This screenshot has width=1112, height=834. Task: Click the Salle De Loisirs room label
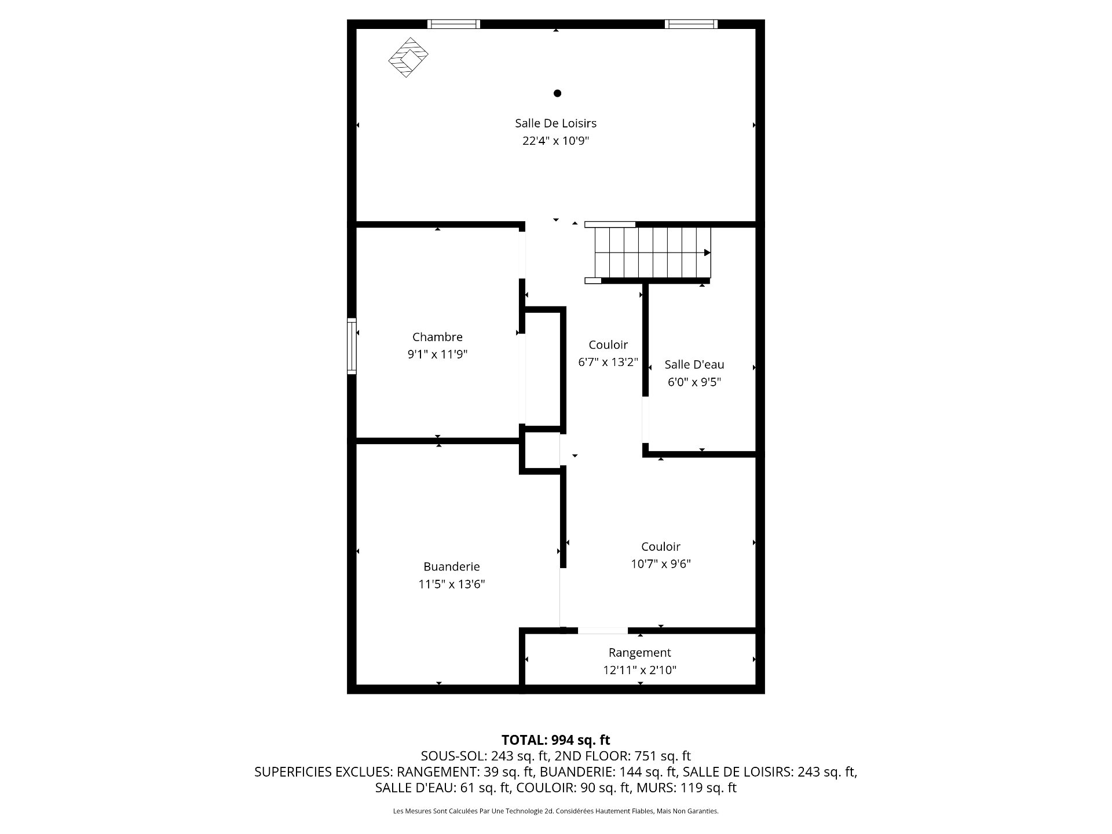click(555, 123)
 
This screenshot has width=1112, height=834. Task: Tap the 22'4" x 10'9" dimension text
click(555, 141)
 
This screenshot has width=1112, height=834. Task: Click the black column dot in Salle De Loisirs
click(557, 93)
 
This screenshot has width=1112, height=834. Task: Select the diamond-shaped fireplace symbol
click(408, 57)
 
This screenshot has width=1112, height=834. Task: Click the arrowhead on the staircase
click(707, 253)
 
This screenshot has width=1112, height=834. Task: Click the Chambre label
click(437, 337)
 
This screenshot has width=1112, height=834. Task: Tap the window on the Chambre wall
click(352, 346)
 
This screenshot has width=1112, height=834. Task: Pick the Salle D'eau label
click(694, 364)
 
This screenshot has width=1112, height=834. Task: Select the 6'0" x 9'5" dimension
click(694, 382)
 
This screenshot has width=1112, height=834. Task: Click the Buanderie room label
click(451, 566)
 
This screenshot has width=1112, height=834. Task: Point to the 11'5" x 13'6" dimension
click(451, 584)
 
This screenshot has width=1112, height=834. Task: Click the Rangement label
click(639, 653)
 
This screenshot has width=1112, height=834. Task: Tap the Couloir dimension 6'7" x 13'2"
click(608, 363)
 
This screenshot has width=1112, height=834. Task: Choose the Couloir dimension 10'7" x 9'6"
click(660, 564)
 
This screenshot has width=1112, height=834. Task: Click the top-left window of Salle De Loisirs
click(453, 24)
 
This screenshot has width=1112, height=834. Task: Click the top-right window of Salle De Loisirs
click(691, 24)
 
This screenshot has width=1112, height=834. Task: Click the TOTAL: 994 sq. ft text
click(555, 740)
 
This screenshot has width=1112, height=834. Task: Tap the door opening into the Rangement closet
click(602, 630)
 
